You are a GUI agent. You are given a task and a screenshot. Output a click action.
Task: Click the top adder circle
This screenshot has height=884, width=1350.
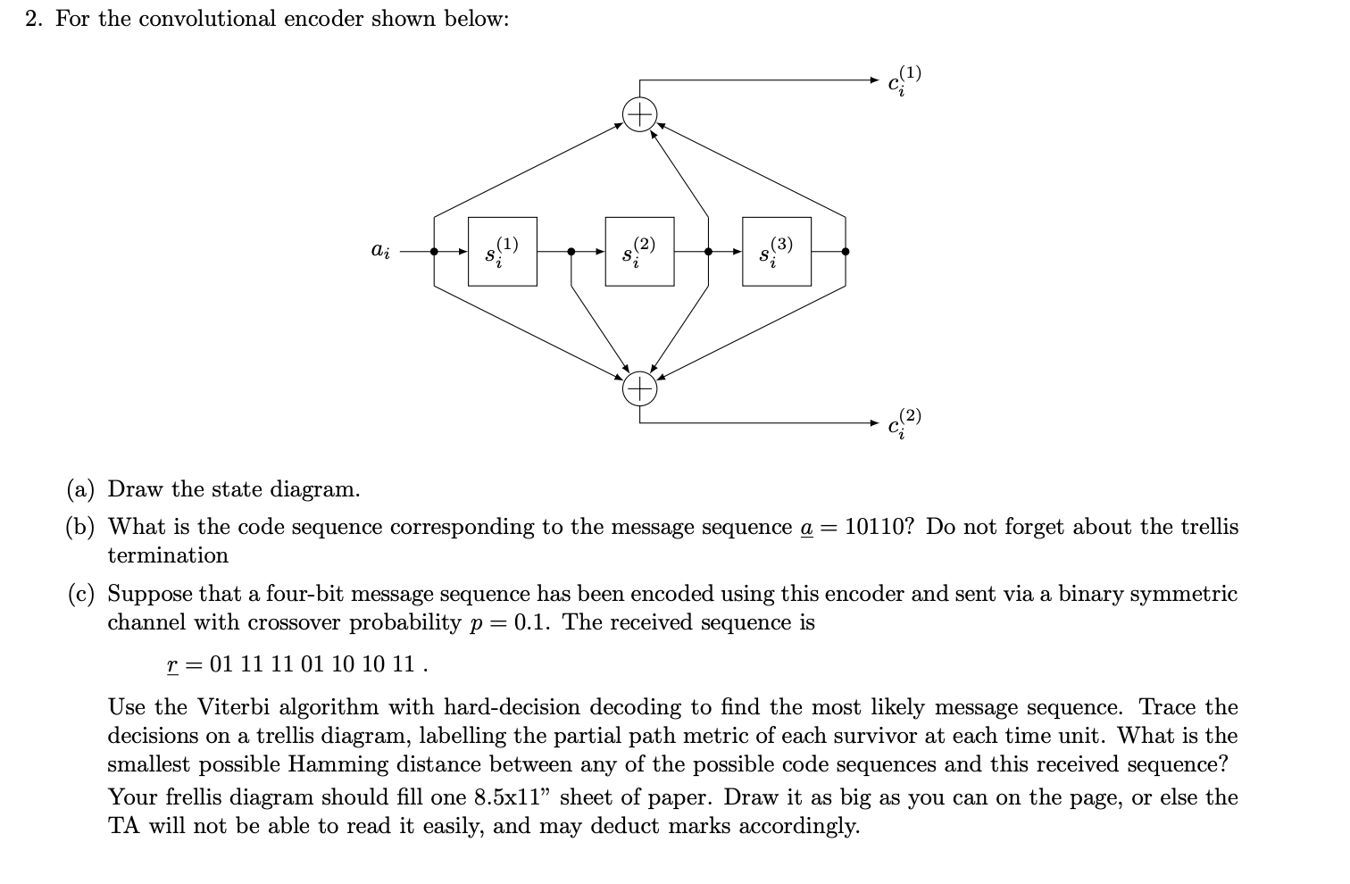click(x=639, y=115)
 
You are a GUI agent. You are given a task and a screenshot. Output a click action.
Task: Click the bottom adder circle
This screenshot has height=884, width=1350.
click(x=639, y=388)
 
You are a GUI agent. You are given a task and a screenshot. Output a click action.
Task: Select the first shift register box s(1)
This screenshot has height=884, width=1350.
click(x=503, y=252)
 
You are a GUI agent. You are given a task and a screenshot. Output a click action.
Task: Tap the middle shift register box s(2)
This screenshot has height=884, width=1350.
click(x=639, y=252)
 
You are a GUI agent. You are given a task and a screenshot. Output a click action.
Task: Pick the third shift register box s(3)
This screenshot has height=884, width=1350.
click(x=777, y=252)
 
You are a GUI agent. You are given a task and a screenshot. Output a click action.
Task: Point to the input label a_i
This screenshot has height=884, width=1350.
click(x=379, y=251)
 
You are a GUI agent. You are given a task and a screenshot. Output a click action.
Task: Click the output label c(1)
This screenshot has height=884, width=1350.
click(x=904, y=80)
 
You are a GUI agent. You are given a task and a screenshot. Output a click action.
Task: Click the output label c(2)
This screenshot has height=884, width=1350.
click(x=904, y=423)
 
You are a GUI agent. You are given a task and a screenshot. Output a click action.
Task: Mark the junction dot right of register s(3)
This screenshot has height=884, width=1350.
click(x=846, y=252)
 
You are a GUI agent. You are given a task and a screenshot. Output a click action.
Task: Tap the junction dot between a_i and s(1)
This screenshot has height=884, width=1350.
click(x=435, y=252)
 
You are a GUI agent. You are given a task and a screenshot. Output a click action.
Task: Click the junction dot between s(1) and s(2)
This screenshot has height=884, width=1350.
click(x=571, y=252)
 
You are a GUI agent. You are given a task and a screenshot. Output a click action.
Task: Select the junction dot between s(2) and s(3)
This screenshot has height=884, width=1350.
click(x=708, y=252)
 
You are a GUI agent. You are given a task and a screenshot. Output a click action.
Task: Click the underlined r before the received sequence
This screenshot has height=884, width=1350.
click(x=172, y=665)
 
